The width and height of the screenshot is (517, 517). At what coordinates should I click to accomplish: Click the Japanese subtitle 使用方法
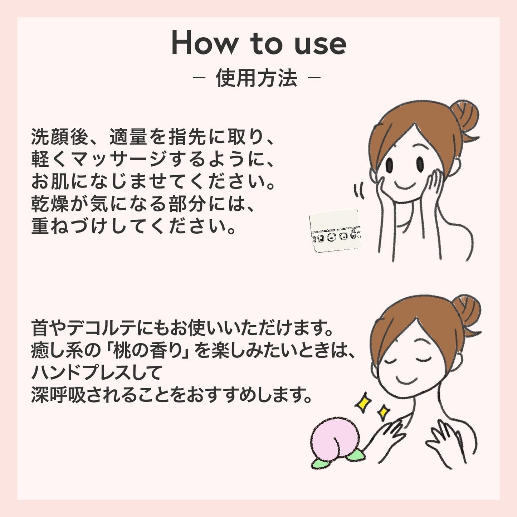257,78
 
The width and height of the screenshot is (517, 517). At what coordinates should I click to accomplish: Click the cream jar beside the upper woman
335,231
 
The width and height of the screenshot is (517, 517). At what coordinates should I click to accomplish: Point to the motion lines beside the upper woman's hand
360,191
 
